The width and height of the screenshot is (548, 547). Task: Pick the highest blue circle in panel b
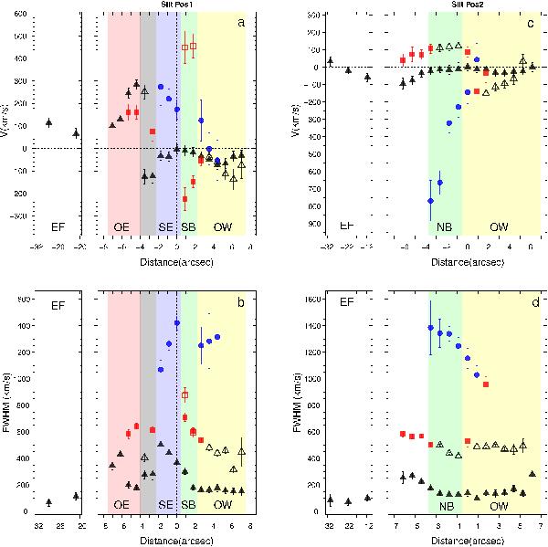pyautogui.click(x=176, y=323)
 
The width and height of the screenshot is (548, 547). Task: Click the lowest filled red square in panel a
pyautogui.click(x=184, y=198)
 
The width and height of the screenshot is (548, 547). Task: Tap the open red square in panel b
pyautogui.click(x=185, y=395)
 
